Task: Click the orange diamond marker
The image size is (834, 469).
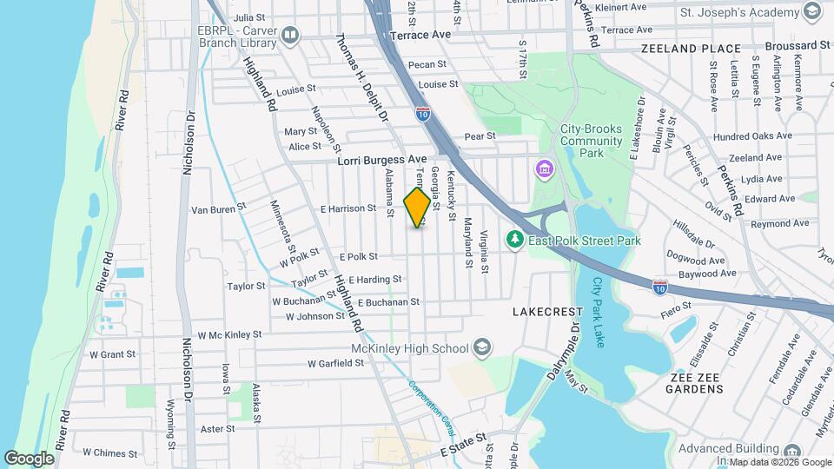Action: click(x=418, y=207)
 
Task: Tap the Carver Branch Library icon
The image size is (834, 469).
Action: click(x=290, y=36)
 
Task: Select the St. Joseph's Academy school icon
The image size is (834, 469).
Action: click(x=812, y=12)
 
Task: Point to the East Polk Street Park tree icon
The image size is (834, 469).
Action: click(x=515, y=239)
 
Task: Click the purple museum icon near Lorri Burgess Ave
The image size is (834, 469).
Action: click(x=545, y=167)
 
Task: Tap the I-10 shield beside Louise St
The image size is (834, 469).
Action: click(x=422, y=113)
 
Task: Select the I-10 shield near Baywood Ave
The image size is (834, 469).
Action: click(x=660, y=285)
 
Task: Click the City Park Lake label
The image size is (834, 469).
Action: click(x=599, y=313)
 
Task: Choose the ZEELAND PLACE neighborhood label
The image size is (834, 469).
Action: click(x=691, y=50)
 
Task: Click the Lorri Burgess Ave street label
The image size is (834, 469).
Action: click(x=383, y=160)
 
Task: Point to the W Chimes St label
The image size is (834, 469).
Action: click(x=110, y=452)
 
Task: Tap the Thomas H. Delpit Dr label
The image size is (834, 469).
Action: click(x=363, y=79)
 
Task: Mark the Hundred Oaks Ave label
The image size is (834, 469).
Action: click(x=752, y=135)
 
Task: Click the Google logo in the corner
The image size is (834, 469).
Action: click(x=29, y=458)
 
